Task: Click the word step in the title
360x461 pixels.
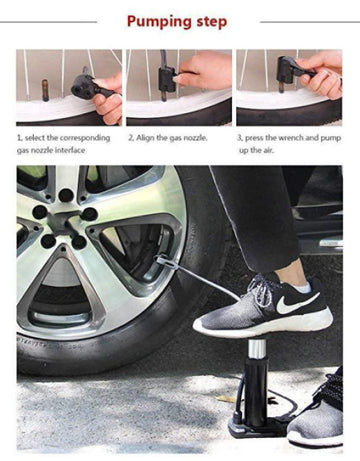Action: coord(212,23)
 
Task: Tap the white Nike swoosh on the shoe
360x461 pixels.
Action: coord(296,303)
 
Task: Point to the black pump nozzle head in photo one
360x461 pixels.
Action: coord(83,85)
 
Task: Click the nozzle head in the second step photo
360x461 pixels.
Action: coord(167,80)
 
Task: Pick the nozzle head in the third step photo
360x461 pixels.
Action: coord(287,70)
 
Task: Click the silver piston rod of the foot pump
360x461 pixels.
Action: coord(257,349)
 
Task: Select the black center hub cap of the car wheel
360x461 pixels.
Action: coord(63,222)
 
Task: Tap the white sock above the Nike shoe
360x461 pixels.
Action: coord(302,287)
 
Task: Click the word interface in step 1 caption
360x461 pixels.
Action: coord(70,150)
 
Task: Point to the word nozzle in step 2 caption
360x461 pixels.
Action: coord(195,138)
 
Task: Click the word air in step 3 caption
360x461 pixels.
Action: coord(268,150)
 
